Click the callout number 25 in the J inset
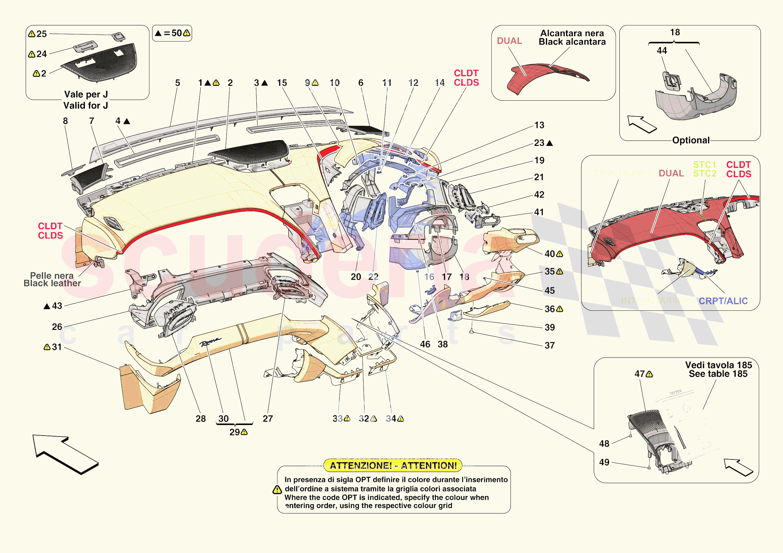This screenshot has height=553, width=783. coord(41,34)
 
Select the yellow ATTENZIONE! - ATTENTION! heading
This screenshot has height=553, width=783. coord(393,465)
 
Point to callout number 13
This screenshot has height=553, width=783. coord(539,125)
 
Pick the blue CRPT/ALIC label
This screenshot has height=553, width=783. coord(723,301)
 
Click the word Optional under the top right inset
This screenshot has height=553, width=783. coord(691,140)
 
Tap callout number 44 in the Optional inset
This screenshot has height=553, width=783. coord(661,50)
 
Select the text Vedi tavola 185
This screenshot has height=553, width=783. coord(719,365)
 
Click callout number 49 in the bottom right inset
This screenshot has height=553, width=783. coord(604,462)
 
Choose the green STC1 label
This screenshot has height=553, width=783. coord(704,165)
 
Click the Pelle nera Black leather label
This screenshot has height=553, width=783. coord(52,279)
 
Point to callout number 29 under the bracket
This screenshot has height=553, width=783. coord(235,432)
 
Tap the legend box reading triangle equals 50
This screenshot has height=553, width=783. coord(172,33)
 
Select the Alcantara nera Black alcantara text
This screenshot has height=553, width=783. coord(572,37)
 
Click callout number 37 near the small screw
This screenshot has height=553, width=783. coord(549,345)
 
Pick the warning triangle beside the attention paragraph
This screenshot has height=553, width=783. coord(277,490)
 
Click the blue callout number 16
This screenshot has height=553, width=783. coord(429,277)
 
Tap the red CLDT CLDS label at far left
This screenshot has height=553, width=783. coord(50,231)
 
